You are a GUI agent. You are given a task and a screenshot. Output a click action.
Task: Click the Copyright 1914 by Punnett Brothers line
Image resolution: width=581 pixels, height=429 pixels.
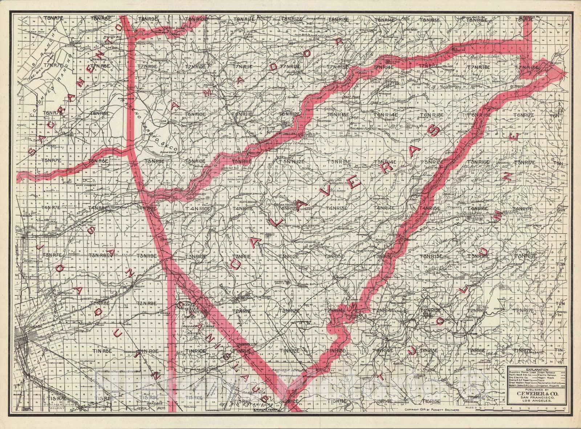[x=432, y=409]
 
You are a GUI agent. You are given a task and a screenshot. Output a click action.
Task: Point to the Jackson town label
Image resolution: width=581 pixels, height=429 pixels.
[x=239, y=123]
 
